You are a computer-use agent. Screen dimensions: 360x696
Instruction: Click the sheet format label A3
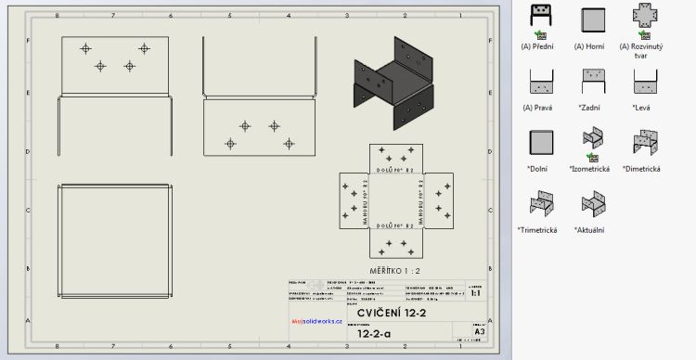479,331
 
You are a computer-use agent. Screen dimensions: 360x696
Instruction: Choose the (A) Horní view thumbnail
591,19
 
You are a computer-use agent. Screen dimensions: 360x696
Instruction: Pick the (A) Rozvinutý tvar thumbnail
643,19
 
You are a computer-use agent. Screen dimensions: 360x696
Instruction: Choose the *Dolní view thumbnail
537,142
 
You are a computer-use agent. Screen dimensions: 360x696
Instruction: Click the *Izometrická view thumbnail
591,142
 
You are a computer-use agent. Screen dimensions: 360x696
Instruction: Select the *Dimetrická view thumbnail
643,142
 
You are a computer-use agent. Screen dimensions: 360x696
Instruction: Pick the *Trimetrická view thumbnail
537,203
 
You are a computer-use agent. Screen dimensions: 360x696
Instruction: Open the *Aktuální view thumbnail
591,203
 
